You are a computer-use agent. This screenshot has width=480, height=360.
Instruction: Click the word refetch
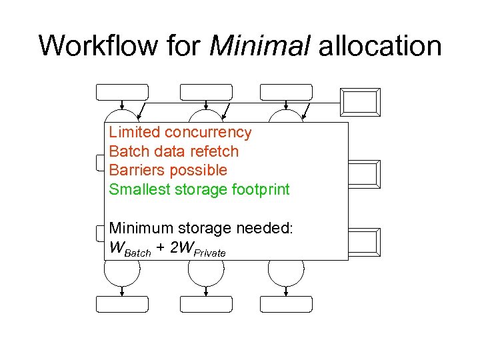click(214, 151)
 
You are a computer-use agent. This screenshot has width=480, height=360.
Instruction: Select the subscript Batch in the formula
click(139, 253)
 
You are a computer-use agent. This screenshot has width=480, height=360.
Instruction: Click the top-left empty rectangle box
click(123, 92)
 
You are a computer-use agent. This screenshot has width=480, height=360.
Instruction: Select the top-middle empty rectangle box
click(206, 92)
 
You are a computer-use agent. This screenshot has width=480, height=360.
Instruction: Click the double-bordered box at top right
click(360, 102)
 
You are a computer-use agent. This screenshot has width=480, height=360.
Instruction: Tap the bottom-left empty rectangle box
click(123, 304)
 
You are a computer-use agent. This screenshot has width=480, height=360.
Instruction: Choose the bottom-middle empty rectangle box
click(206, 304)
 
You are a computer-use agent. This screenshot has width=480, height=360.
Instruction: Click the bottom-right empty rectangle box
click(286, 304)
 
